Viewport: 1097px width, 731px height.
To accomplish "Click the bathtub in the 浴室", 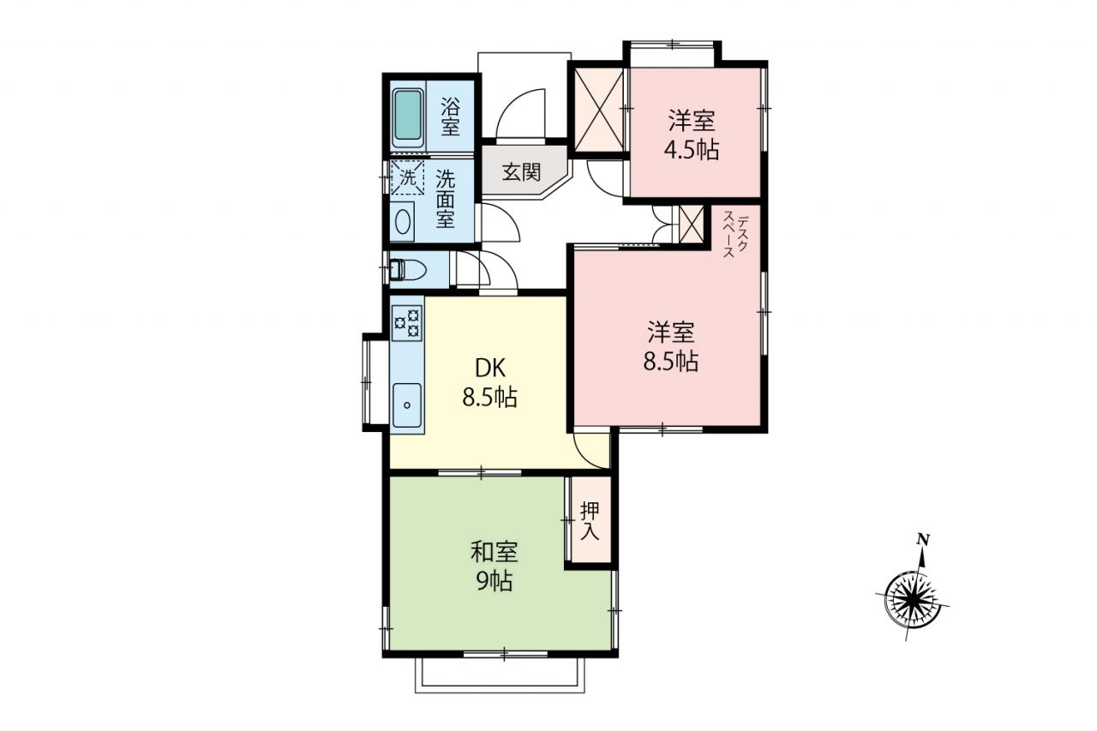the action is pos(408,117).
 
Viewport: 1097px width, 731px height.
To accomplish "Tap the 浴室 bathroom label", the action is pos(450,117).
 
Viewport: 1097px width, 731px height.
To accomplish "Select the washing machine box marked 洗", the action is pos(407,177).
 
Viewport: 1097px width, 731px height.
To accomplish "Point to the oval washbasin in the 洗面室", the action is pos(403,222).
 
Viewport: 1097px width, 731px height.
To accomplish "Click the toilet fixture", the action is pos(408,269).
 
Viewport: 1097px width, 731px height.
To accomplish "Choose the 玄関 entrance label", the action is pos(521,172).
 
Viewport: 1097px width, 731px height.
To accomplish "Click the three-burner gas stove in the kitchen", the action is pos(407,322).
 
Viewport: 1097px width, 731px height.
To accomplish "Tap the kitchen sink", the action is pos(407,404).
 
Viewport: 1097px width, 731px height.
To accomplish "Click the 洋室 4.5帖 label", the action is pos(692,135).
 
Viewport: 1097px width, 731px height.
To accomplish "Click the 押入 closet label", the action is pos(590,521).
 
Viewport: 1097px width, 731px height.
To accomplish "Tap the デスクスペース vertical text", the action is pos(735,234).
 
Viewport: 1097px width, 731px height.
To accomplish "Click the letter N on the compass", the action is pos(923,540).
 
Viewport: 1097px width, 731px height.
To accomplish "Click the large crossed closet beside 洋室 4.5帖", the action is pos(598,111).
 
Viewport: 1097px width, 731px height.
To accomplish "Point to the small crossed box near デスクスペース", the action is pos(691,224).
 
